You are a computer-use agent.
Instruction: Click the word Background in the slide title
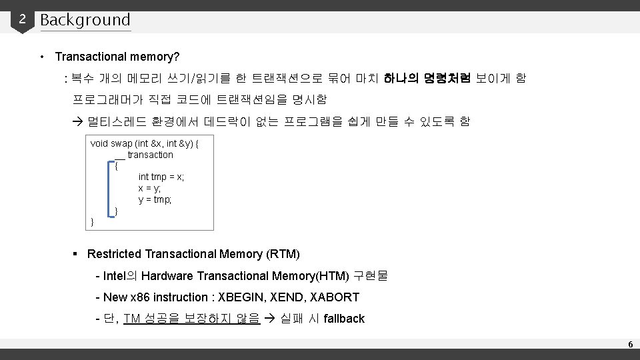click(85, 20)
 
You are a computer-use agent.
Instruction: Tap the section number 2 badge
click(22, 19)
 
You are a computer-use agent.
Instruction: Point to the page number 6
click(629, 344)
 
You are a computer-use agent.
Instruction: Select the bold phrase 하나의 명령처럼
click(427, 79)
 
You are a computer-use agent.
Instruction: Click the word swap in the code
click(121, 143)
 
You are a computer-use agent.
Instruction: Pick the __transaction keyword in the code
click(144, 155)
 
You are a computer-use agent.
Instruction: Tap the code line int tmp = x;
click(161, 177)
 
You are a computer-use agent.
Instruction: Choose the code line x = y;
click(149, 188)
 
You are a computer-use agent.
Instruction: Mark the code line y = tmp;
click(155, 199)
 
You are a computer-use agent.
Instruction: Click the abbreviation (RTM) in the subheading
click(283, 254)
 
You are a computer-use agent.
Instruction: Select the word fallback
click(344, 319)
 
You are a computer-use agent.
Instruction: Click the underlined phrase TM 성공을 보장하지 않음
click(191, 319)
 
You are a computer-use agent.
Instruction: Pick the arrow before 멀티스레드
click(77, 121)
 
